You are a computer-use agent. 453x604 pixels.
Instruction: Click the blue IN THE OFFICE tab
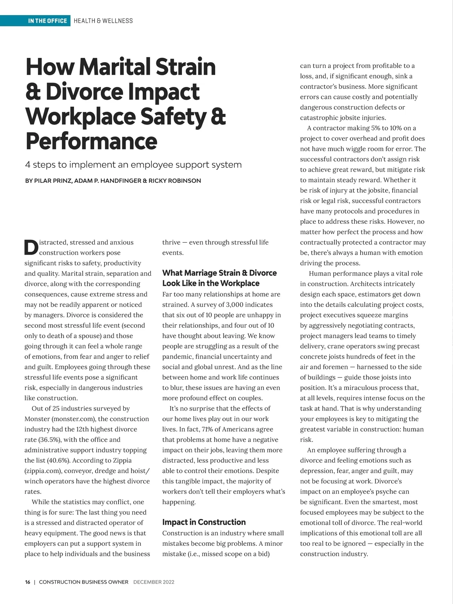coord(47,21)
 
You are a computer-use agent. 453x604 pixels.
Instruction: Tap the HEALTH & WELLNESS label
coord(103,21)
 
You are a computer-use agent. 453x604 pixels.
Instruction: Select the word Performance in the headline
coord(91,141)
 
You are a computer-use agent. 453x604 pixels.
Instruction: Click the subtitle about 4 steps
coord(133,165)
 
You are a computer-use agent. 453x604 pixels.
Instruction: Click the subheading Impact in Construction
coord(204,522)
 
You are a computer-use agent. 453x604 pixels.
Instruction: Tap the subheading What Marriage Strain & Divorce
coord(219,273)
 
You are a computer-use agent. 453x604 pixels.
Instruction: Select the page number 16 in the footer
coord(28,582)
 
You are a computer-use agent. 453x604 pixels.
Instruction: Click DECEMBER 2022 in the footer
coord(154,582)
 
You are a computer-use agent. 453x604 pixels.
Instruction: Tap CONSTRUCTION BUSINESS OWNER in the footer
coord(83,582)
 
